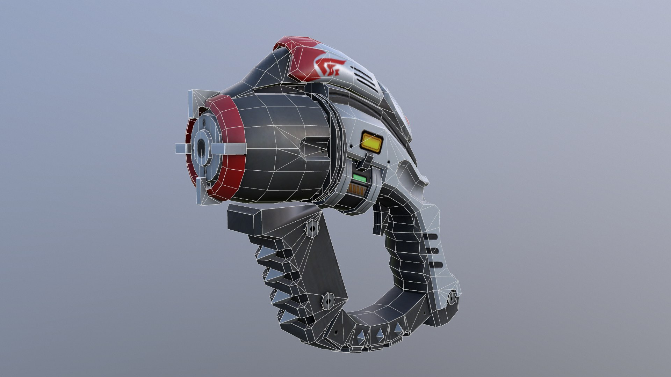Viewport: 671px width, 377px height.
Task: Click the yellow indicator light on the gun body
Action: [372, 142]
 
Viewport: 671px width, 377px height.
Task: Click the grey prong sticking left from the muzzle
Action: [182, 149]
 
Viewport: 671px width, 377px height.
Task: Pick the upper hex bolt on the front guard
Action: [312, 228]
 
